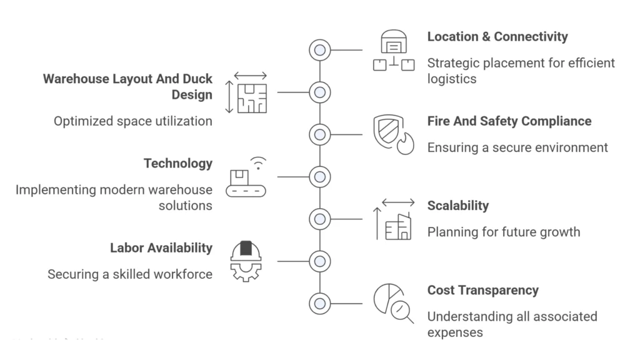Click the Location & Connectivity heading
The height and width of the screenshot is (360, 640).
pyautogui.click(x=497, y=37)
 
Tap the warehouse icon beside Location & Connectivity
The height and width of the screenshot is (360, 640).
pyautogui.click(x=394, y=51)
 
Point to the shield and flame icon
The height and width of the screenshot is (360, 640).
pyautogui.click(x=393, y=134)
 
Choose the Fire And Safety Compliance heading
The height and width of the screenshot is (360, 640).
pyautogui.click(x=509, y=121)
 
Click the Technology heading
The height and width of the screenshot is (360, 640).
pyautogui.click(x=178, y=164)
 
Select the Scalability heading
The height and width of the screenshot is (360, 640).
pyautogui.click(x=458, y=206)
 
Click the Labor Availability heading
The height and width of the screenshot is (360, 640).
pyautogui.click(x=161, y=248)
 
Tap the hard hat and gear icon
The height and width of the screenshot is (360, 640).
pyautogui.click(x=246, y=261)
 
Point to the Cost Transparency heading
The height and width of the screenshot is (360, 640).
pyautogui.click(x=482, y=290)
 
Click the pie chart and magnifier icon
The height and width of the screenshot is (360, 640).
pyautogui.click(x=393, y=303)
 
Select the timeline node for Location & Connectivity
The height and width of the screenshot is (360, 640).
pyautogui.click(x=320, y=50)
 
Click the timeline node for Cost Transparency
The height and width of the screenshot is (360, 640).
pyautogui.click(x=320, y=304)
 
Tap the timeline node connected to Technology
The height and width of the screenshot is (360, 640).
pyautogui.click(x=320, y=177)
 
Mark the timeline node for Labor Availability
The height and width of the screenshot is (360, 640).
pyautogui.click(x=320, y=261)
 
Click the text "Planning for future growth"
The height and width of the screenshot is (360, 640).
pyautogui.click(x=503, y=232)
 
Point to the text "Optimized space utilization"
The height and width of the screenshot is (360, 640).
pyautogui.click(x=133, y=121)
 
